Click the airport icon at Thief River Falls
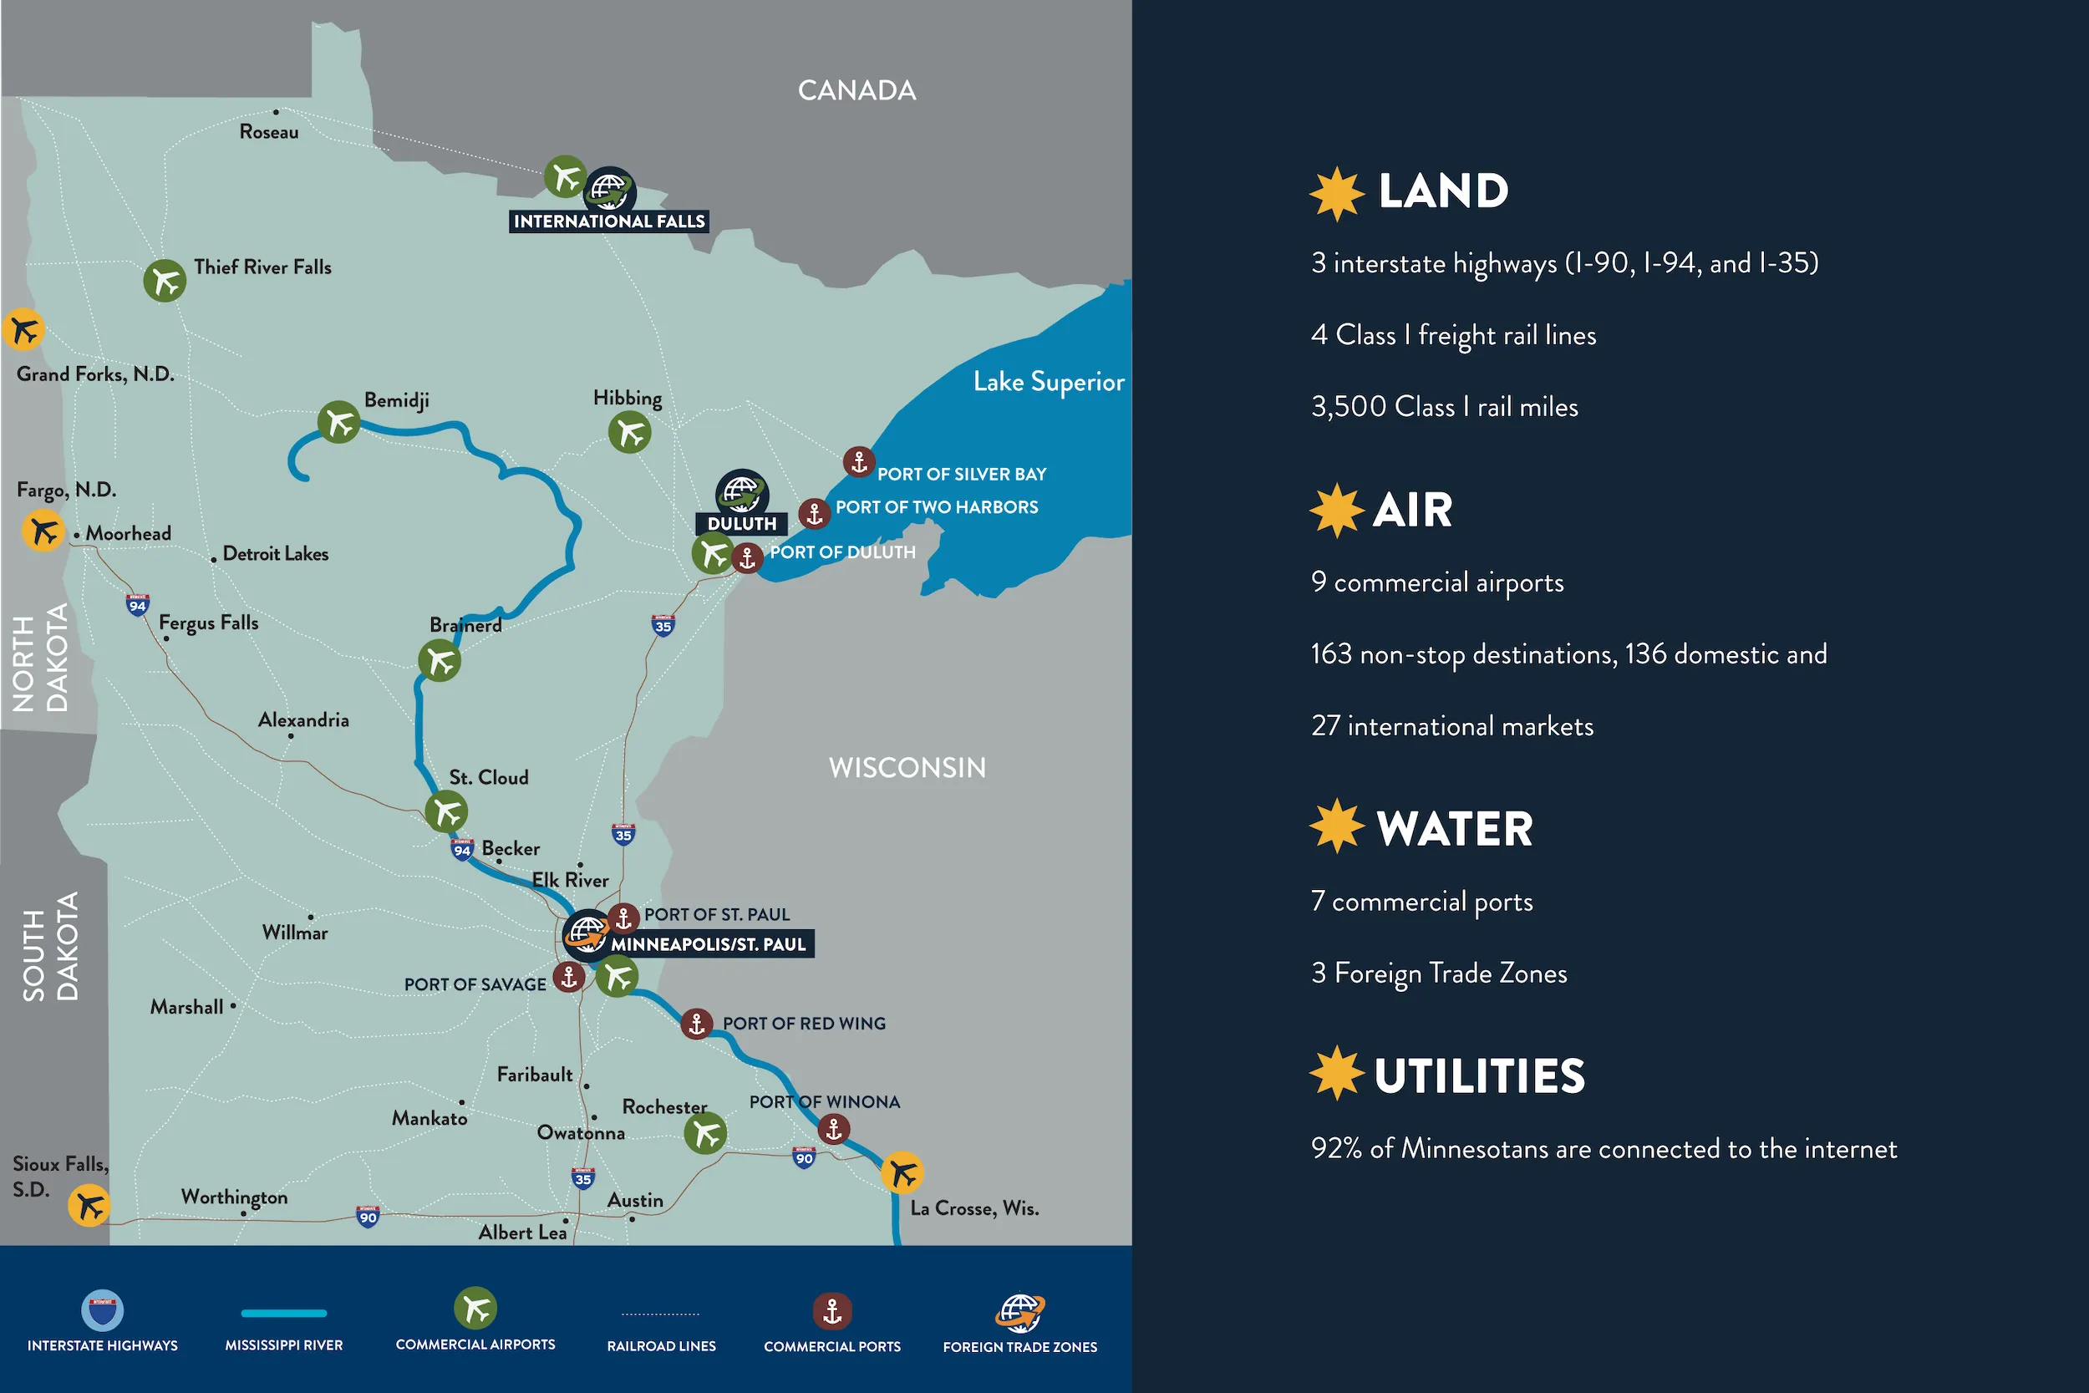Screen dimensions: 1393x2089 (x=165, y=281)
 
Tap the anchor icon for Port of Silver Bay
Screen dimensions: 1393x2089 (x=859, y=462)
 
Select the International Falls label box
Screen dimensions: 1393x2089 (x=608, y=221)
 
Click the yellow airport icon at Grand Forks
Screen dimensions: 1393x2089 (x=23, y=329)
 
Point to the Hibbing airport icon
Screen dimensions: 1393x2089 (x=630, y=433)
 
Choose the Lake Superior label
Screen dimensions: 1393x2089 (x=1048, y=382)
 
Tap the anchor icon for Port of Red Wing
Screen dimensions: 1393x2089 (x=696, y=1024)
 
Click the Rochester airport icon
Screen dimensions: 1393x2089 (x=705, y=1134)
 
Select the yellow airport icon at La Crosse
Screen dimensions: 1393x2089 (x=902, y=1172)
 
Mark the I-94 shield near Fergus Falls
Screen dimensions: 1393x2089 (x=137, y=606)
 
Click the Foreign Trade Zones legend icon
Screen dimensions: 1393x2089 (x=1019, y=1312)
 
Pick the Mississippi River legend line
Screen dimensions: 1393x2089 (x=283, y=1313)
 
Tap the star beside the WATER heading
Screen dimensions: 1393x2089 (x=1336, y=826)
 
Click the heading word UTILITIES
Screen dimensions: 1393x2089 (x=1479, y=1075)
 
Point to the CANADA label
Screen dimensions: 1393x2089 (x=856, y=90)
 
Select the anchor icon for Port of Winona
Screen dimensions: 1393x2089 (x=833, y=1130)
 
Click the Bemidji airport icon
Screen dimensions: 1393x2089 (x=338, y=422)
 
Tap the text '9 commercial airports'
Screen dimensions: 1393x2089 (x=1437, y=582)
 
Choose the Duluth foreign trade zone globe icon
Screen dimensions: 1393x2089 (x=742, y=491)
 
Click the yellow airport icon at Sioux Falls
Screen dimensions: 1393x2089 (x=89, y=1206)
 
